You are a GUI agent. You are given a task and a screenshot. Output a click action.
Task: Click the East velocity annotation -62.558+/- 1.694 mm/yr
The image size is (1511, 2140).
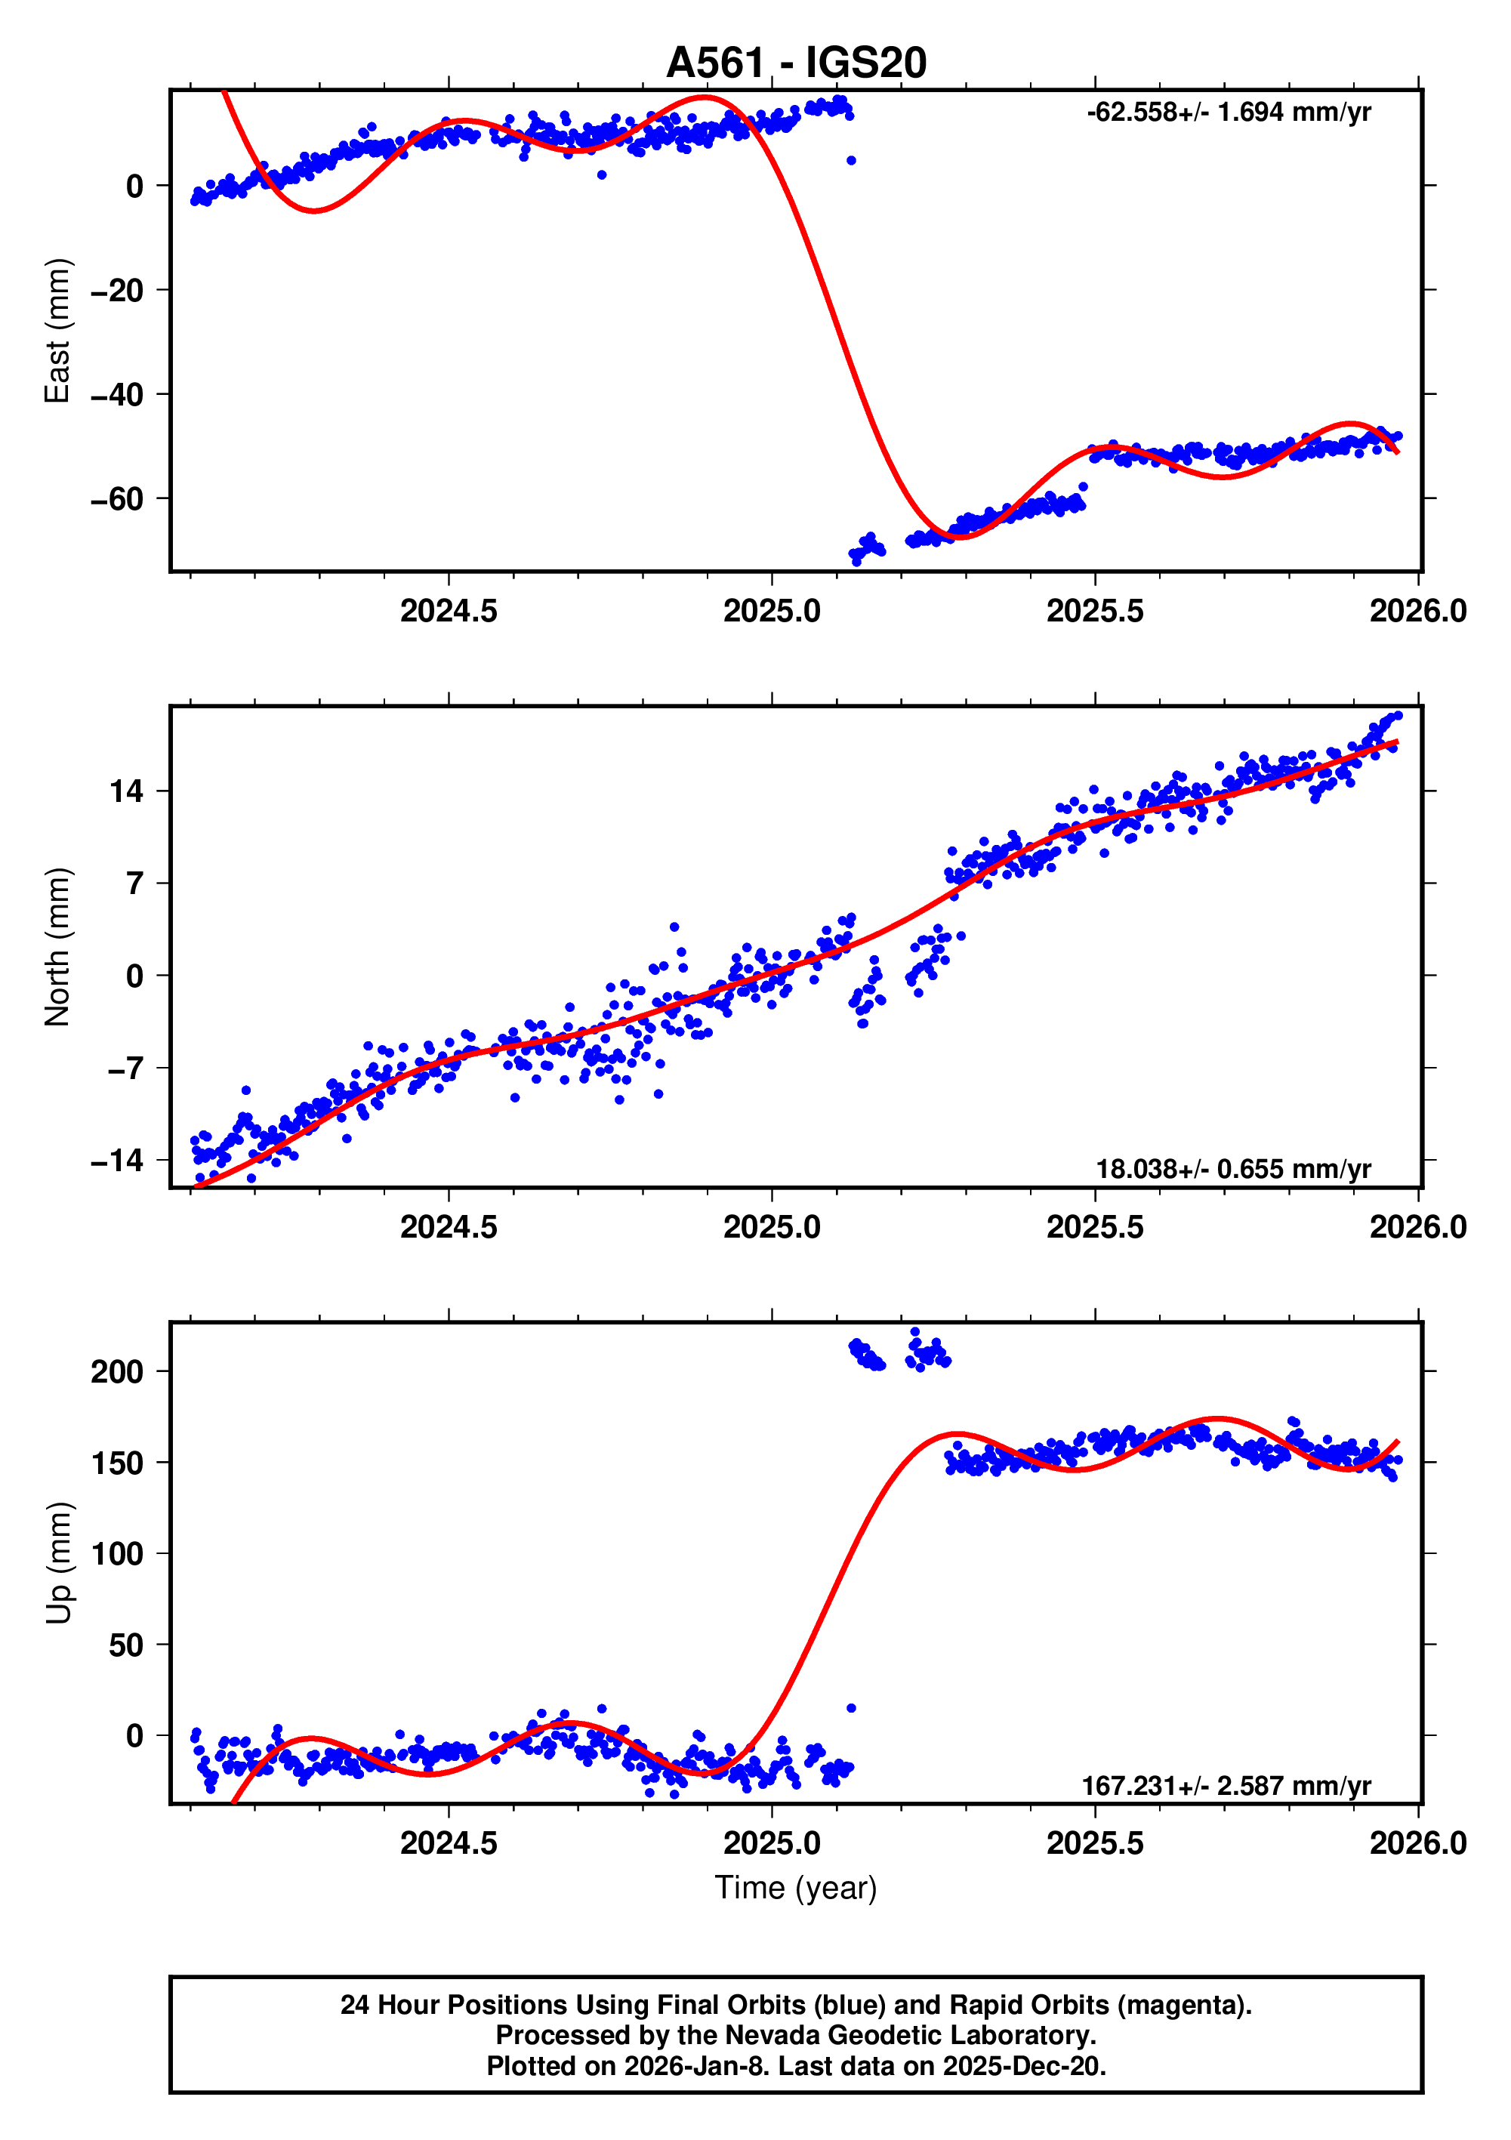click(1228, 113)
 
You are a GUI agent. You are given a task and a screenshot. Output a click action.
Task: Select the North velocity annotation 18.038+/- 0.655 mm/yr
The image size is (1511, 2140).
click(1232, 1169)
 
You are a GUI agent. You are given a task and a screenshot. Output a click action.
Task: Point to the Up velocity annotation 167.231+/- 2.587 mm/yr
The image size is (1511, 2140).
click(1225, 1785)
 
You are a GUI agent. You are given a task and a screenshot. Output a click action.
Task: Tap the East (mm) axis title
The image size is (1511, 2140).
click(58, 331)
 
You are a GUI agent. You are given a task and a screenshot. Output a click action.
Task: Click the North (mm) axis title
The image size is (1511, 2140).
click(58, 946)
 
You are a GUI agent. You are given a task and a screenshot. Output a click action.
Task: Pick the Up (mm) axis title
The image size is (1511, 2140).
click(58, 1563)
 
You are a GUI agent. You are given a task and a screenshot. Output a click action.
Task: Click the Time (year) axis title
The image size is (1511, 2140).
click(795, 1887)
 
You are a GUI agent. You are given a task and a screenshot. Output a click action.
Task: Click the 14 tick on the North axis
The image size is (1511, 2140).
click(127, 791)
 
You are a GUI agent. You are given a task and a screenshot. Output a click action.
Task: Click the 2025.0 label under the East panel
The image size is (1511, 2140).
click(771, 612)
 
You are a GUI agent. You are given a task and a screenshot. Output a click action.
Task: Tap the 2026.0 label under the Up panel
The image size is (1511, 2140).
click(1417, 1842)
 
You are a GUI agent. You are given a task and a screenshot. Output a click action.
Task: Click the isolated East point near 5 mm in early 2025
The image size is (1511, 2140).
click(851, 160)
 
